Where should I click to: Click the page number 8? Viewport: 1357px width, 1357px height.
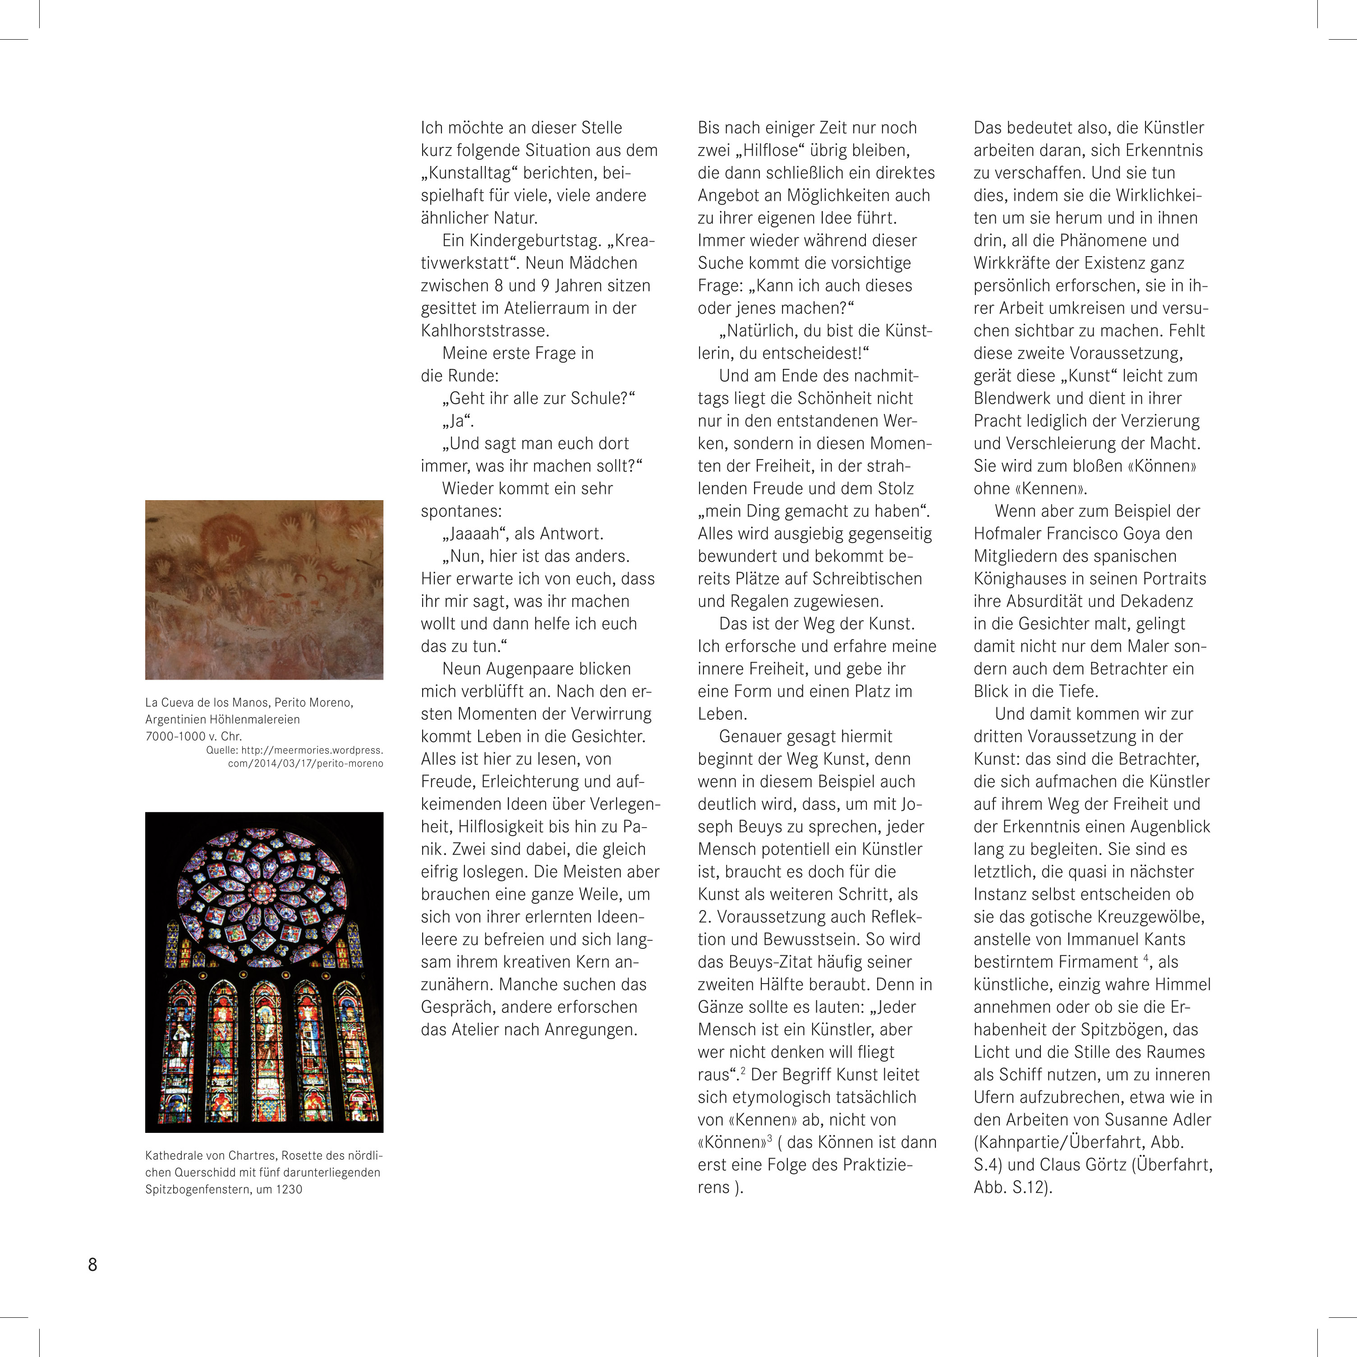(92, 1265)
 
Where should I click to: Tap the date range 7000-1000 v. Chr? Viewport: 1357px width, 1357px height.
(193, 736)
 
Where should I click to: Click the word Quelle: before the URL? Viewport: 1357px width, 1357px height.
(222, 750)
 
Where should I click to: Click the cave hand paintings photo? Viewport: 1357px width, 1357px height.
(264, 589)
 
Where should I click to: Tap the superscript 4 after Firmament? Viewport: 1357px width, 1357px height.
(1145, 957)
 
